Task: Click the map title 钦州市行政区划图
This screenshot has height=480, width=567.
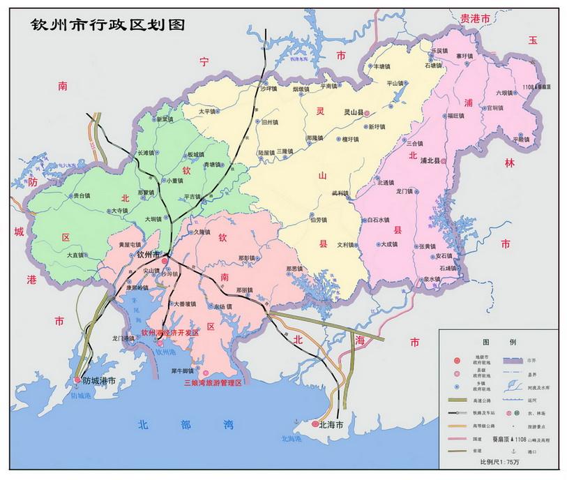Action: point(107,24)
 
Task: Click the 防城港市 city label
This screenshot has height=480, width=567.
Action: point(98,381)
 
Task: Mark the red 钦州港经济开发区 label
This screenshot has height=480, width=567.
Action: point(169,333)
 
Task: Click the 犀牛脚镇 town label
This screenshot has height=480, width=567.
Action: point(185,370)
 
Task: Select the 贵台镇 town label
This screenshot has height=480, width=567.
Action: point(82,196)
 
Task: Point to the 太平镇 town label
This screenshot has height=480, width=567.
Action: point(208,111)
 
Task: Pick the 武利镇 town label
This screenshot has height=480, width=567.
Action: point(340,193)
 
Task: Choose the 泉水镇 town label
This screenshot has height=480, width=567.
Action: point(431,279)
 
